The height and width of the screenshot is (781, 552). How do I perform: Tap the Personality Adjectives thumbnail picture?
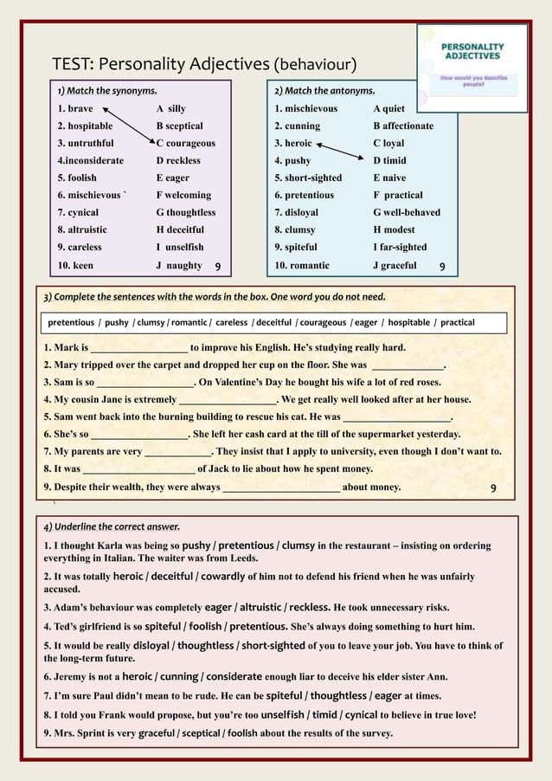point(472,68)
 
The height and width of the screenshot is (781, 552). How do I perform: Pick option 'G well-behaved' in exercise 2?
point(407,212)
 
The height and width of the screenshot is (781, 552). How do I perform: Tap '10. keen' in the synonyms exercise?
point(75,265)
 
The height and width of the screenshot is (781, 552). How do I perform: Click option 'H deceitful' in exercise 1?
point(180,229)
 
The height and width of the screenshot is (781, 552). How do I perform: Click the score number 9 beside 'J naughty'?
point(218,267)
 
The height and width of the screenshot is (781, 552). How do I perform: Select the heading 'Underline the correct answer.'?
point(115,526)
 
